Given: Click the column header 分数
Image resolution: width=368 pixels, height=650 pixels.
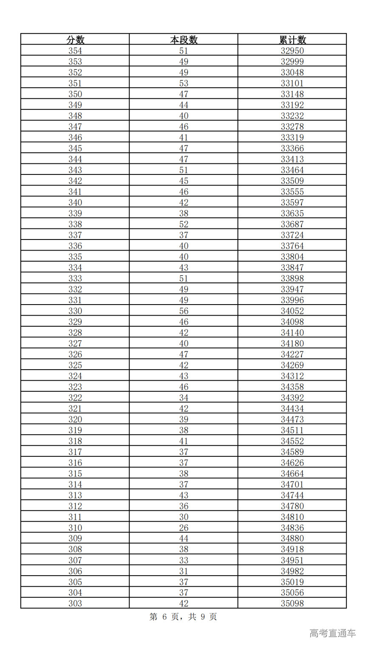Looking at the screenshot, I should pyautogui.click(x=75, y=40).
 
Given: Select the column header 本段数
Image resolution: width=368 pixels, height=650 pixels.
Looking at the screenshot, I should pyautogui.click(x=184, y=40).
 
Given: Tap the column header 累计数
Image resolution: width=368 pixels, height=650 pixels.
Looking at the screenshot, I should pyautogui.click(x=292, y=40).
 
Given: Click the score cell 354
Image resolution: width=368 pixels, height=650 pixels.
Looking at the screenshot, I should pyautogui.click(x=75, y=51).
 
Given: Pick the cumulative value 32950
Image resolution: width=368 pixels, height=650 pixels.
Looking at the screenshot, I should pyautogui.click(x=292, y=51).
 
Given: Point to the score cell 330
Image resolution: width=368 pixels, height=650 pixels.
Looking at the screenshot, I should pyautogui.click(x=75, y=311).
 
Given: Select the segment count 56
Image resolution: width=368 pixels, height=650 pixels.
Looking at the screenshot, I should pyautogui.click(x=184, y=311).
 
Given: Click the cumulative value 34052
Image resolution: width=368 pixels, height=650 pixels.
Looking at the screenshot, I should pyautogui.click(x=292, y=311).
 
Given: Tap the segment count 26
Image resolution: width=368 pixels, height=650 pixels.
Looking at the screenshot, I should pyautogui.click(x=184, y=527).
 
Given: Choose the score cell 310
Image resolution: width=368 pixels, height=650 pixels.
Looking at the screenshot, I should pyautogui.click(x=75, y=527).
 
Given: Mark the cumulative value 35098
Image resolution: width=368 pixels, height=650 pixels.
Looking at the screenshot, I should pyautogui.click(x=292, y=603).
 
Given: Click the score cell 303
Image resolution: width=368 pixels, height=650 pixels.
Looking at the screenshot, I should pyautogui.click(x=75, y=603).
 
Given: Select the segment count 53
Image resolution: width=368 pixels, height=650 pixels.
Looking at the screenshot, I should pyautogui.click(x=184, y=83).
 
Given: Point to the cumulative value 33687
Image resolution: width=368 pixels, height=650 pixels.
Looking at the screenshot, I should pyautogui.click(x=292, y=224).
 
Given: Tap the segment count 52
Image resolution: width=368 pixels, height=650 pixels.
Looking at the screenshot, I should pyautogui.click(x=184, y=224).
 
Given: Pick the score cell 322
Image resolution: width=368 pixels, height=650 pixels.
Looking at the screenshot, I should pyautogui.click(x=75, y=398).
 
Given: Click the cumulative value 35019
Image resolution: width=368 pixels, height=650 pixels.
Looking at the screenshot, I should pyautogui.click(x=292, y=582).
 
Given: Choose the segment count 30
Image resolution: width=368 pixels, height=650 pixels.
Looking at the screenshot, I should pyautogui.click(x=184, y=517).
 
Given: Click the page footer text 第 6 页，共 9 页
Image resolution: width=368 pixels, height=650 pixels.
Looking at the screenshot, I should pyautogui.click(x=184, y=617).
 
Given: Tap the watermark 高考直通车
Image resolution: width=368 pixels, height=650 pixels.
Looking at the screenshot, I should pyautogui.click(x=332, y=633).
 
